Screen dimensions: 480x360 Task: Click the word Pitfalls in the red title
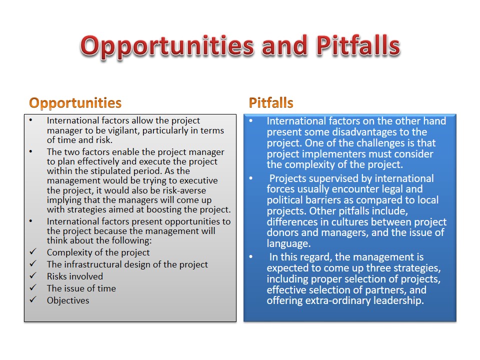click(358, 45)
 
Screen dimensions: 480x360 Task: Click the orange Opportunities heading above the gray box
click(75, 103)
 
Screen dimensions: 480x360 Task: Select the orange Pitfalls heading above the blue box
click(271, 102)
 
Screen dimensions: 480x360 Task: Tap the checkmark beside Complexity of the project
click(33, 251)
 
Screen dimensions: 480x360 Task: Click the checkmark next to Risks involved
click(33, 275)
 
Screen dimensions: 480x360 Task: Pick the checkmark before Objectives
click(33, 299)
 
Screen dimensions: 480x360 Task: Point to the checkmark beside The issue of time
click(33, 287)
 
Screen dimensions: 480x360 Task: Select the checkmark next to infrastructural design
click(33, 263)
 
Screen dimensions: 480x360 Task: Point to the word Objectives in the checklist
click(68, 300)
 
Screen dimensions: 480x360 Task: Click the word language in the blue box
click(288, 243)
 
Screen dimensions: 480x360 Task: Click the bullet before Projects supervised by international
click(250, 178)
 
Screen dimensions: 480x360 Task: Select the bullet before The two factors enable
click(31, 151)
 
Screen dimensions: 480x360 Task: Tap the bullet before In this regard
click(250, 256)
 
